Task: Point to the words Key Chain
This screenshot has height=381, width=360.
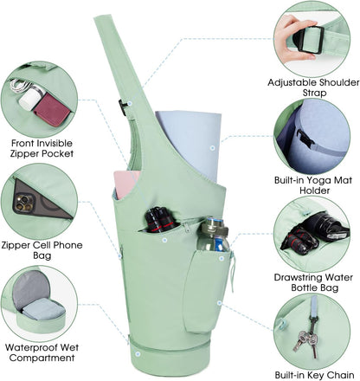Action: [x=331, y=375]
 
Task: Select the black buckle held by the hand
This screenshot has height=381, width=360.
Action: [x=310, y=40]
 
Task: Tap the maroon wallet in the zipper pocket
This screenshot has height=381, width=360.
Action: [x=52, y=109]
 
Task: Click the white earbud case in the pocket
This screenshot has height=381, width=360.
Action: [x=31, y=97]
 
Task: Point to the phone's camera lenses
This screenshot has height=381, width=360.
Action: [x=23, y=202]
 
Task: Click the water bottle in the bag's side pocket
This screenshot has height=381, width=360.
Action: [x=215, y=235]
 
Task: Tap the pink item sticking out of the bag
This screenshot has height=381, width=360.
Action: [x=126, y=184]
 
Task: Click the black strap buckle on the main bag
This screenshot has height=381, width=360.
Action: [x=123, y=107]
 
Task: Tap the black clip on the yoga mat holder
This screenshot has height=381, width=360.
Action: [x=305, y=139]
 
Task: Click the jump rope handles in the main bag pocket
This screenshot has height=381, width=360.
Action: [x=160, y=219]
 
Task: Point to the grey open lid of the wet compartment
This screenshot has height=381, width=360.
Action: [x=31, y=288]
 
